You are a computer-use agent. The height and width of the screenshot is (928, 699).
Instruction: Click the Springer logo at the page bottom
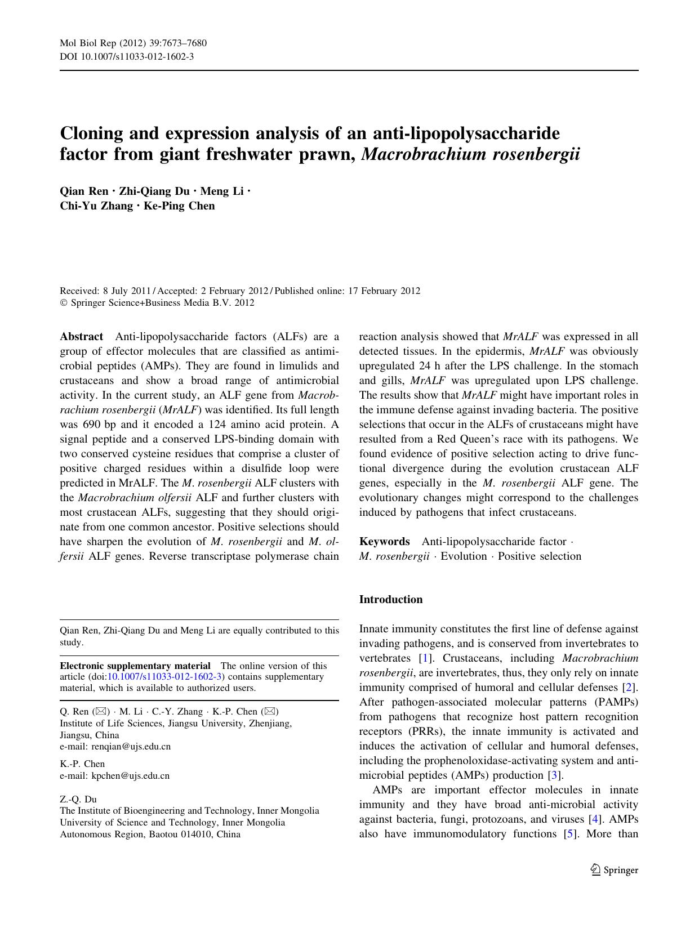(614, 870)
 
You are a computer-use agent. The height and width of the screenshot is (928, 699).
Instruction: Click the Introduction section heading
(390, 600)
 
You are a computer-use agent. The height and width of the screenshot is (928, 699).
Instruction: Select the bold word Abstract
(82, 337)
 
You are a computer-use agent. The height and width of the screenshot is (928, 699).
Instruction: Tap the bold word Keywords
(385, 542)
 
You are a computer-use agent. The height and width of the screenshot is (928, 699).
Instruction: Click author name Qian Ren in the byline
(84, 191)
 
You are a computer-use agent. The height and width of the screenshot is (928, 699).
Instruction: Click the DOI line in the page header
(127, 56)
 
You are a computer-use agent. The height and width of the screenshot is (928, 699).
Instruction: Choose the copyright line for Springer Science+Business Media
(157, 303)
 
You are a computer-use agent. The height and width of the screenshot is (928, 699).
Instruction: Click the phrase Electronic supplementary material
(135, 666)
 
